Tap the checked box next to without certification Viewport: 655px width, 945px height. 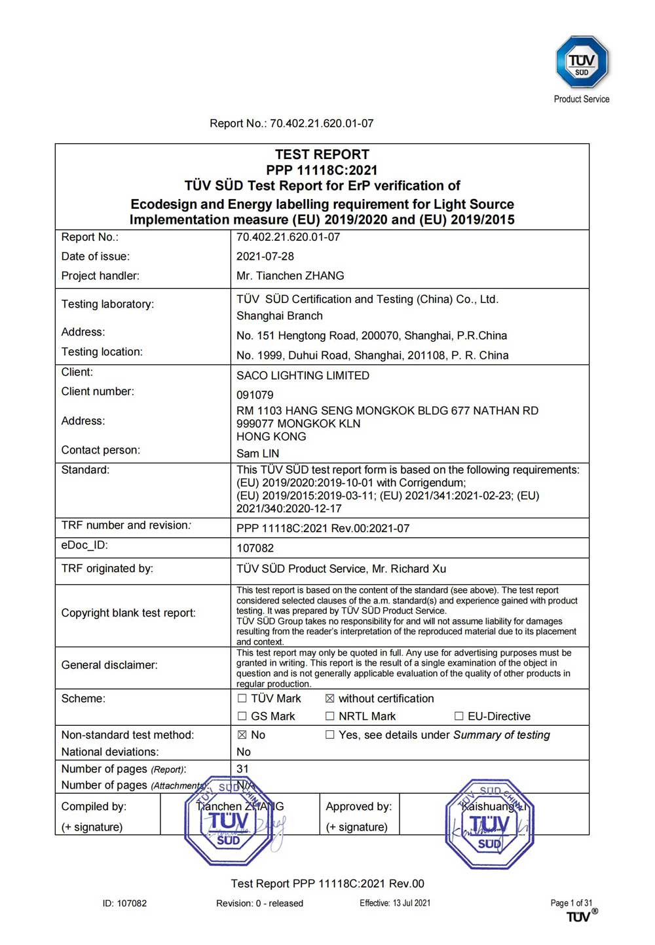[330, 698]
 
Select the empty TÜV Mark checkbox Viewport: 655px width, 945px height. [242, 698]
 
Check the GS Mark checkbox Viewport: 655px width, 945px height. [242, 716]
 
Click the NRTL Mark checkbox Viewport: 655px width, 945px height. [330, 716]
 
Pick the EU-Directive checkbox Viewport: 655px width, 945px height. [459, 716]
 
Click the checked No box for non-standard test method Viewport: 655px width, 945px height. [242, 735]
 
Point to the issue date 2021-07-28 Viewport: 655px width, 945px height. [265, 257]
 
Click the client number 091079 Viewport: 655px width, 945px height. [255, 395]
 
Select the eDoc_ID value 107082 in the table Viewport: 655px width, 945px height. [255, 548]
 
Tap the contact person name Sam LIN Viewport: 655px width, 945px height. [257, 453]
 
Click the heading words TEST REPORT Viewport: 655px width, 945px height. [322, 154]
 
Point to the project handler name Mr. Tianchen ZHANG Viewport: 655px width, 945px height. [290, 276]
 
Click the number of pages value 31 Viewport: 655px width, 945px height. [242, 768]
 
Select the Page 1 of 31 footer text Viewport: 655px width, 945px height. [571, 902]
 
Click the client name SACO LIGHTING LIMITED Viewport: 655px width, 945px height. [303, 375]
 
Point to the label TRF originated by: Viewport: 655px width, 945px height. [107, 568]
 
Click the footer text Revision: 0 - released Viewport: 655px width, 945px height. [259, 903]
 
